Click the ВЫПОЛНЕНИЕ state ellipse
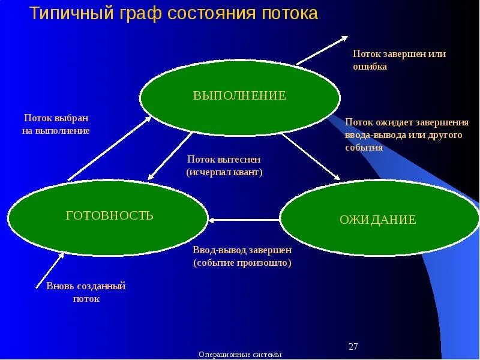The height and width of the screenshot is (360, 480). [x=240, y=95]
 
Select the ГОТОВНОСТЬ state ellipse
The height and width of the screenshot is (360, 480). [x=109, y=217]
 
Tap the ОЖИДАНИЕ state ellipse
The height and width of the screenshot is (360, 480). [x=377, y=220]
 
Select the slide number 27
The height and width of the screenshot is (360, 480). [x=353, y=347]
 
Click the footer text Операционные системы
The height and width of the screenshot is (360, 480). [x=240, y=355]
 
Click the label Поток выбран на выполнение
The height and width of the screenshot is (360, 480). [x=57, y=124]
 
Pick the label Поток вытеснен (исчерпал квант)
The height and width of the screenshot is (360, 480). [x=224, y=166]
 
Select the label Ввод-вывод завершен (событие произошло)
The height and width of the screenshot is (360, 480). [x=242, y=256]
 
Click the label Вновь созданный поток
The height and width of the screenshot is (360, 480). [x=86, y=292]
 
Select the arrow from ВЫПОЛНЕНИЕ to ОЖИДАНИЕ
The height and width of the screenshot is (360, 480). [x=311, y=157]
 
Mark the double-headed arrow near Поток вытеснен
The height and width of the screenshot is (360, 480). [x=170, y=155]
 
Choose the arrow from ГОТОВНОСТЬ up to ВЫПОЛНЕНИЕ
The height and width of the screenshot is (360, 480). [x=110, y=148]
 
